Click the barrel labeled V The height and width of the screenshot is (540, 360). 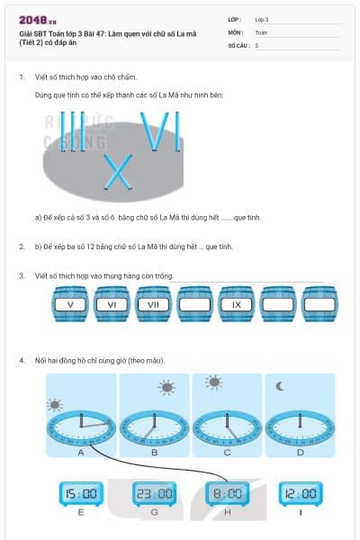pyautogui.click(x=70, y=304)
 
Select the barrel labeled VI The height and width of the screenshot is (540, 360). pyautogui.click(x=112, y=304)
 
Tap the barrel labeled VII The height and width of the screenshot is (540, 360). pyautogui.click(x=153, y=304)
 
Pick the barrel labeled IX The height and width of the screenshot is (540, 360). pyautogui.click(x=237, y=304)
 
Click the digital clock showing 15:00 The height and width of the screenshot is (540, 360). pyautogui.click(x=81, y=493)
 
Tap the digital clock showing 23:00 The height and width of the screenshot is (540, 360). pyautogui.click(x=154, y=493)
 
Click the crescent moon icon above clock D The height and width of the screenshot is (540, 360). pyautogui.click(x=281, y=385)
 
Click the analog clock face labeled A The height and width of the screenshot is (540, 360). pyautogui.click(x=81, y=426)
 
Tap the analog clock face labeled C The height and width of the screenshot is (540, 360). pyautogui.click(x=227, y=426)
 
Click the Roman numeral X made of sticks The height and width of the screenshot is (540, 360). pyautogui.click(x=117, y=173)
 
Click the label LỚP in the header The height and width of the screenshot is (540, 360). pyautogui.click(x=235, y=19)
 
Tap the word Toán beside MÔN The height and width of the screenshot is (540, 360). pyautogui.click(x=262, y=31)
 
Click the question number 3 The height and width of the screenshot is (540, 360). pyautogui.click(x=21, y=275)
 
